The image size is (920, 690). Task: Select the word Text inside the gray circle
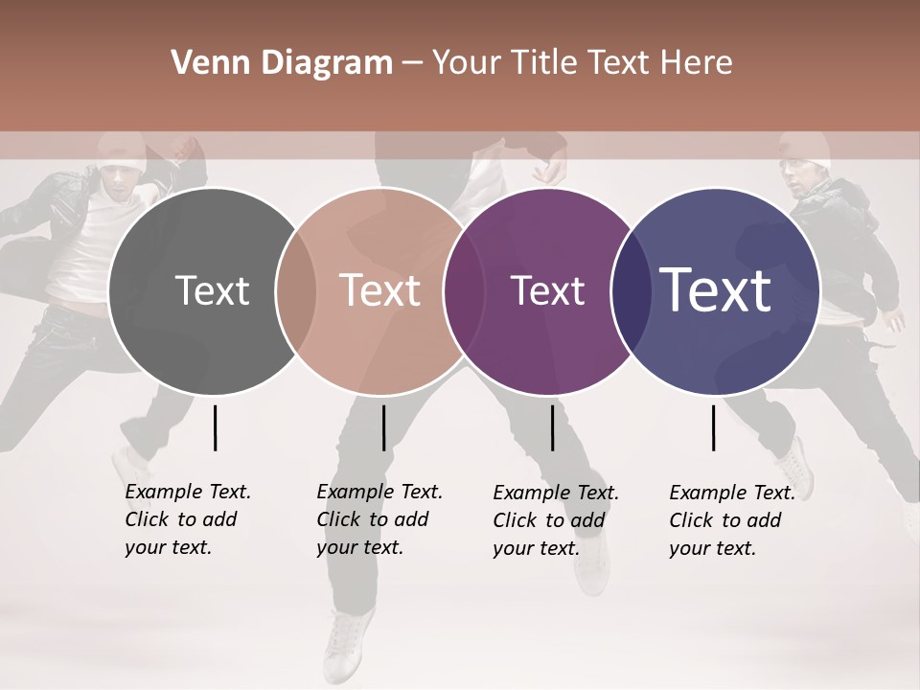pos(212,291)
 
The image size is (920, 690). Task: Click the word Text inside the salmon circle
pos(379,291)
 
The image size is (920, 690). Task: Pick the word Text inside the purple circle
pos(547,291)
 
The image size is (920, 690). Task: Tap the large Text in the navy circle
pos(716,290)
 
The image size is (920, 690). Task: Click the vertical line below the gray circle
pos(215,427)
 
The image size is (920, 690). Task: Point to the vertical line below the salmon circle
pos(383,427)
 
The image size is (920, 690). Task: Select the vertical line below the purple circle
pos(552,427)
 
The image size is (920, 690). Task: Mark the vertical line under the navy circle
pos(713,427)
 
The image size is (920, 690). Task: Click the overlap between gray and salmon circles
pos(296,291)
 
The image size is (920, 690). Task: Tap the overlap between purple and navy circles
pos(630,291)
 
